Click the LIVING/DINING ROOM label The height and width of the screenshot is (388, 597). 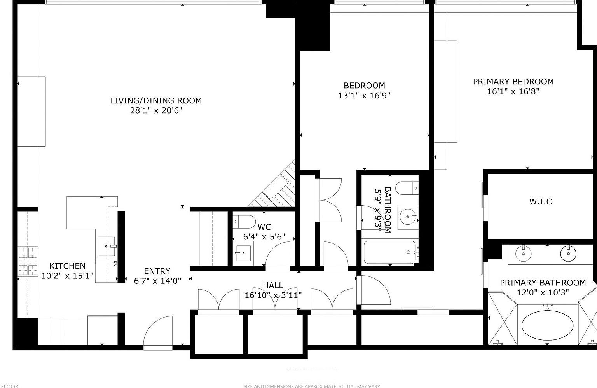click(156, 101)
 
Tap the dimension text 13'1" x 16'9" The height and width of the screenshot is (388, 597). click(364, 96)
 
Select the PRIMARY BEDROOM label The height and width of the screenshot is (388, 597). click(513, 82)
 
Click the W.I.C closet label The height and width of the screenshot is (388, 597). click(540, 202)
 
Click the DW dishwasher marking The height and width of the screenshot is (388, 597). click(115, 264)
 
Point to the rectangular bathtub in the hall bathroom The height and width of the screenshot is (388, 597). click(390, 252)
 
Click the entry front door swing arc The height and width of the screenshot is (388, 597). click(157, 330)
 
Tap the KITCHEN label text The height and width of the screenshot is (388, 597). click(67, 266)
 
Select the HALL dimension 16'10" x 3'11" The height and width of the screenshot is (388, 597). click(273, 295)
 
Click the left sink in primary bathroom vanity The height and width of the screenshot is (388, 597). click(523, 254)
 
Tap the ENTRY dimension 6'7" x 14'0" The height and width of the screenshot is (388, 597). click(157, 281)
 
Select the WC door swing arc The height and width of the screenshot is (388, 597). click(277, 255)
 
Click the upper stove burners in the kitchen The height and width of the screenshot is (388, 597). click(28, 253)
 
